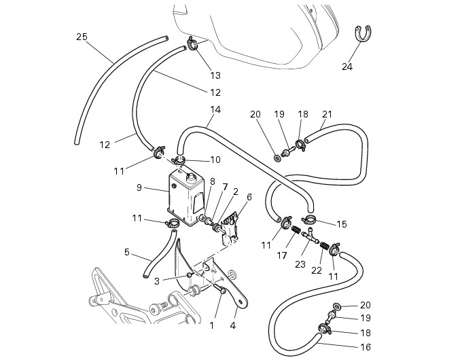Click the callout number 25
pos(82,37)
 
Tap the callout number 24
pos(347,67)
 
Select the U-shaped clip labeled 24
pos(363,34)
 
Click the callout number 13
pos(215,75)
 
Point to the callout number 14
pos(215,109)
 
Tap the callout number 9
pos(139,187)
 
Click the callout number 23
pos(300,264)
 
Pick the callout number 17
pos(281,255)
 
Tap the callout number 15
pos(342,225)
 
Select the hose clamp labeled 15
pos(308,219)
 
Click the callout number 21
pos(327,114)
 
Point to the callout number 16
pos(366,347)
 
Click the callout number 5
pos(127,252)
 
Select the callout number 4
pos(233,326)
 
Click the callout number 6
pos(249,197)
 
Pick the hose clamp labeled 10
pos(179,160)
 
